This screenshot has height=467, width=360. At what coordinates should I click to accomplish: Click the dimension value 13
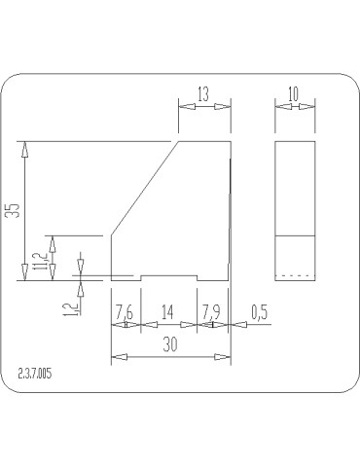pos(203,94)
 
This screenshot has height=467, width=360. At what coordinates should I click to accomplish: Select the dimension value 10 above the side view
pos(293,94)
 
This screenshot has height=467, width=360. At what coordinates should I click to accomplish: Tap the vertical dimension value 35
pos(15,211)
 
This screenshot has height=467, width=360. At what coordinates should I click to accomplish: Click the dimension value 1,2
pos(70,308)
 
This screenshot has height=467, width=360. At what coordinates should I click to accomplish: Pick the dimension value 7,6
pos(125,312)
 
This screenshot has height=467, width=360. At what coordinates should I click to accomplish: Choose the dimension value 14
pos(167,312)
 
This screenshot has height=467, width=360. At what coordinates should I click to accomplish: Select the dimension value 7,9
pos(211,312)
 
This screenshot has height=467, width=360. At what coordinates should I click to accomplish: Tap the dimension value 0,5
pos(259,312)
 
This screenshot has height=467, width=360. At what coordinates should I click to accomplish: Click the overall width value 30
pos(170,344)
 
